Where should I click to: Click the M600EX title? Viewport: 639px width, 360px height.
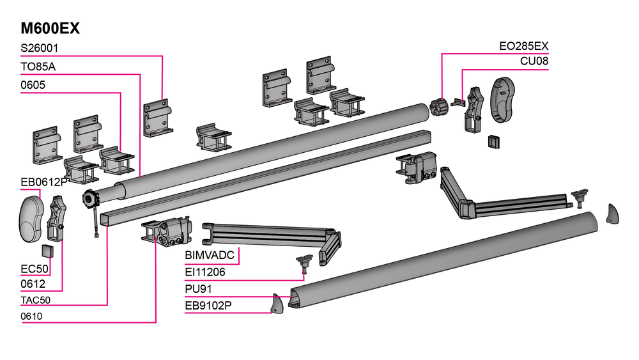pos(50,29)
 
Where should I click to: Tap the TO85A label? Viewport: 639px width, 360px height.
pos(39,67)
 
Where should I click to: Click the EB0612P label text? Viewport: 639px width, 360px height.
pos(43,182)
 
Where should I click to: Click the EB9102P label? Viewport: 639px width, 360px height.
pos(208,305)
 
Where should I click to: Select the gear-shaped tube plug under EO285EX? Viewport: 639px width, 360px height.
pos(438,106)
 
